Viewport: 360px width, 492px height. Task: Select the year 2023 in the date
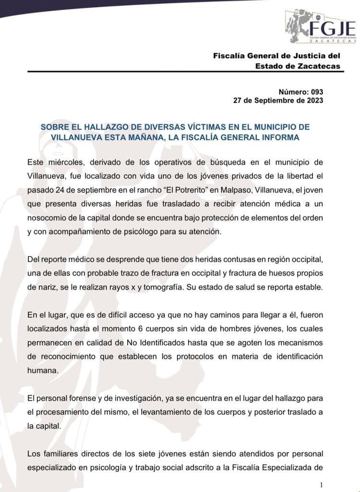pos(314,100)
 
